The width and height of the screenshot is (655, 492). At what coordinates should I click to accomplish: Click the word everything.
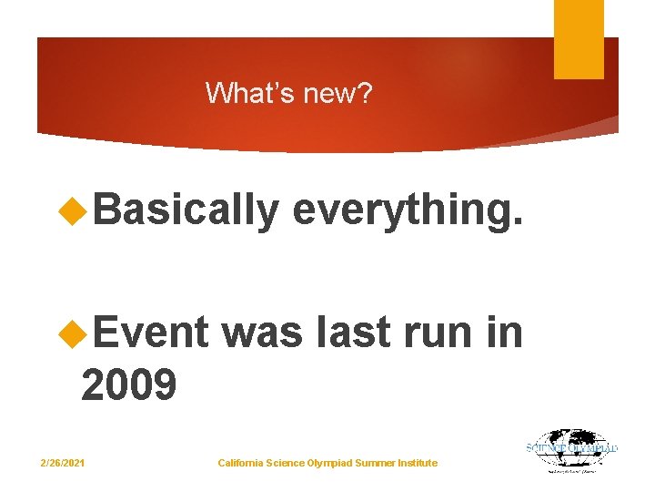[x=408, y=210]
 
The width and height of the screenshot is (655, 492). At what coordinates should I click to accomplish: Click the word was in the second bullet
[x=262, y=333]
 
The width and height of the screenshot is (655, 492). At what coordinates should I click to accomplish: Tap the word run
[x=434, y=333]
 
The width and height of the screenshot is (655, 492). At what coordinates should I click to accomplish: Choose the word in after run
[x=505, y=333]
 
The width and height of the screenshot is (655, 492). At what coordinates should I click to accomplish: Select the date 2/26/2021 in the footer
[x=63, y=464]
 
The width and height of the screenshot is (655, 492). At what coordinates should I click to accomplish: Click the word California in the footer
[x=242, y=464]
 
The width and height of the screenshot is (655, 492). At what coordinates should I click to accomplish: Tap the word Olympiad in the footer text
[x=327, y=464]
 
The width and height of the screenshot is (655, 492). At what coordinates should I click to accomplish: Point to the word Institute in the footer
[x=417, y=464]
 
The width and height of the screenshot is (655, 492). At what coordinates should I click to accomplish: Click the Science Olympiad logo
[x=572, y=450]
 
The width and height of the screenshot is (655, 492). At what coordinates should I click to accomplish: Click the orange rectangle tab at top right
[x=579, y=38]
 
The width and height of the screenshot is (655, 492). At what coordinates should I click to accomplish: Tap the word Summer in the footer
[x=373, y=464]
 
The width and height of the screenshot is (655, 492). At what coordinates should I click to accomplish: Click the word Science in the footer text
[x=287, y=464]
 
